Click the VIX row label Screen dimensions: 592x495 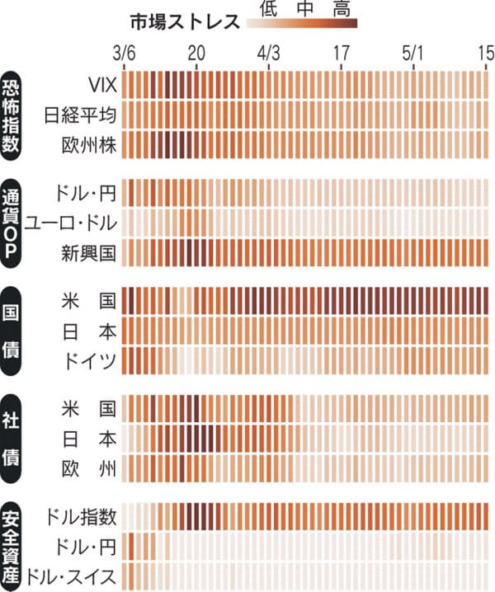(x=104, y=85)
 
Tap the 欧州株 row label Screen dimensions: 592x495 (x=92, y=144)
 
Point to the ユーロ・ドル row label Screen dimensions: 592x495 (x=72, y=222)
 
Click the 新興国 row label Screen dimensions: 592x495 (x=92, y=251)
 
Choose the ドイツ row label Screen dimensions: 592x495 (x=92, y=360)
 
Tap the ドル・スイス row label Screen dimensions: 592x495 (x=72, y=575)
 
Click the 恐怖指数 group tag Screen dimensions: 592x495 (x=15, y=114)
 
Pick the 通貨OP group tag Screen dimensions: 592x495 (x=15, y=222)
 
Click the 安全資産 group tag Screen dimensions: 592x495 (x=15, y=544)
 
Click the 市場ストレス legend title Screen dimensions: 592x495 (x=185, y=21)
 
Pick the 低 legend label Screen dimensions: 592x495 (x=266, y=10)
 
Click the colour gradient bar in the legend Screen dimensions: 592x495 (x=302, y=24)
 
